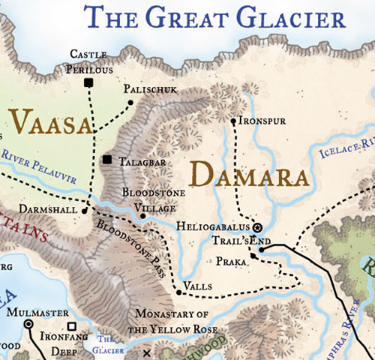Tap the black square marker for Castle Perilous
click(88, 82)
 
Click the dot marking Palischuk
click(130, 102)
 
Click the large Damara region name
click(250, 175)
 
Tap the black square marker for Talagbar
click(108, 160)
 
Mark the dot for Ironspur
click(234, 120)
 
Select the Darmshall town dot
click(85, 211)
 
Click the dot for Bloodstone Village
click(142, 216)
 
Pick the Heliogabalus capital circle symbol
click(257, 226)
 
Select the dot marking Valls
click(178, 292)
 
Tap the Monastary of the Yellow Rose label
click(172, 321)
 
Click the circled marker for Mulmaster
click(28, 323)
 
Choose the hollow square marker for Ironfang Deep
click(73, 327)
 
